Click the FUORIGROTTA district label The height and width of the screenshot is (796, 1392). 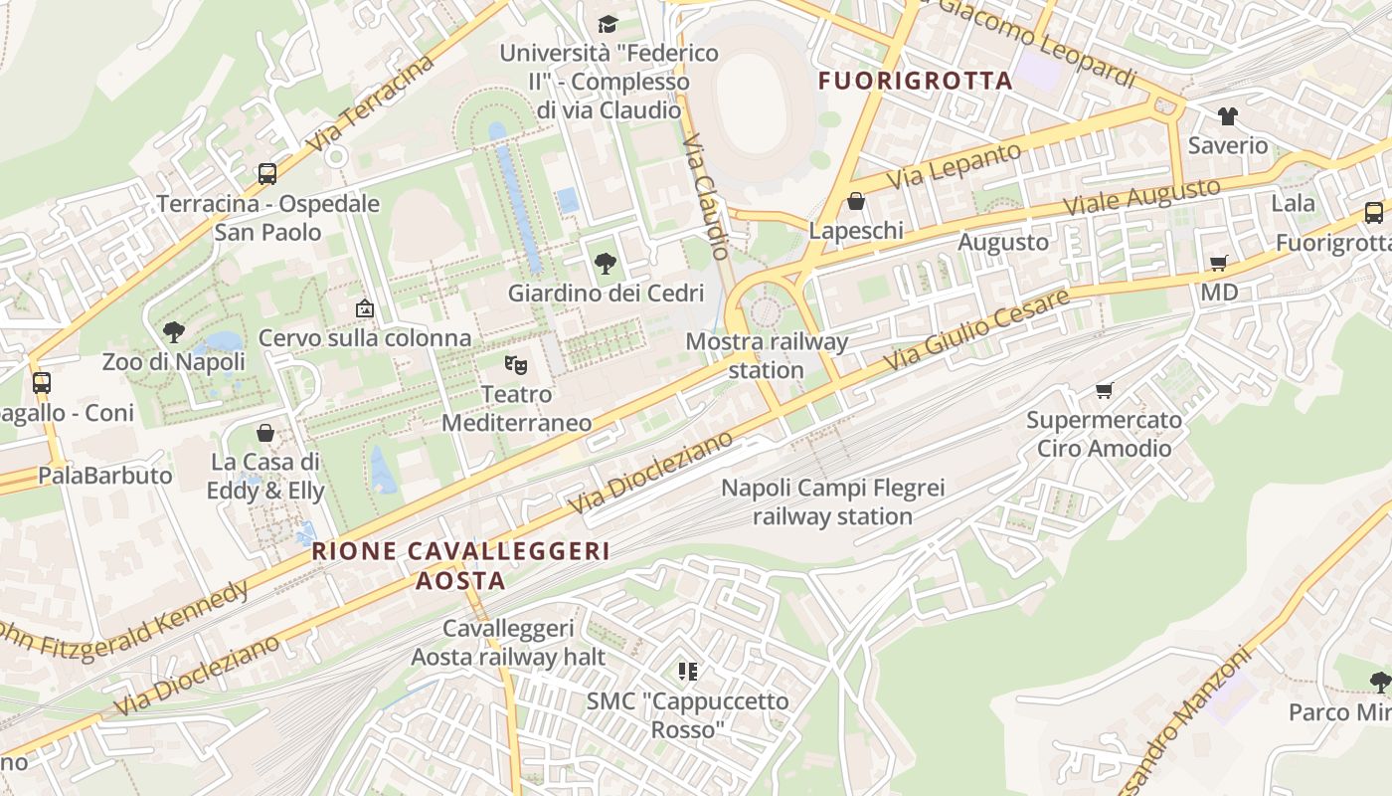pyautogui.click(x=915, y=81)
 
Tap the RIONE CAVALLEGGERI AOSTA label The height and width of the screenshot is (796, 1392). pyautogui.click(x=460, y=565)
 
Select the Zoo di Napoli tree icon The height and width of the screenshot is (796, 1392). pyautogui.click(x=174, y=332)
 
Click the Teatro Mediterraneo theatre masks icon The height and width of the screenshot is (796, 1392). pyautogui.click(x=515, y=364)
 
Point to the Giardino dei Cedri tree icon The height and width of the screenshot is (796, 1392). pyautogui.click(x=605, y=264)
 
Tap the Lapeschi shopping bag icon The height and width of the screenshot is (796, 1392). pyautogui.click(x=855, y=202)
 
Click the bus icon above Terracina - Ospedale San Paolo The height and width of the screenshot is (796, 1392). pyautogui.click(x=267, y=174)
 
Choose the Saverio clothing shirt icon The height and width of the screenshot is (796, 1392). pyautogui.click(x=1228, y=116)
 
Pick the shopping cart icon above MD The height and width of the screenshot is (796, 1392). pyautogui.click(x=1219, y=263)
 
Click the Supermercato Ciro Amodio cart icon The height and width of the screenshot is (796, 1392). pyautogui.click(x=1104, y=390)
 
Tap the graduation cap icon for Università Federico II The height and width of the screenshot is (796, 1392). pyautogui.click(x=608, y=23)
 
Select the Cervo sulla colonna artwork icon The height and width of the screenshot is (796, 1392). pyautogui.click(x=365, y=308)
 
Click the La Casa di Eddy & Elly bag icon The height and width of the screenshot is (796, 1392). pyautogui.click(x=265, y=433)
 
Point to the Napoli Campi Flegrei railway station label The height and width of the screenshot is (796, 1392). pyautogui.click(x=833, y=502)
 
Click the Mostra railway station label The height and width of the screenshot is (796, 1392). pyautogui.click(x=767, y=356)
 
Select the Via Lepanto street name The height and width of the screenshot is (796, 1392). pyautogui.click(x=955, y=166)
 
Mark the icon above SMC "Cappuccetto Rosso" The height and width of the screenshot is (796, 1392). pyautogui.click(x=686, y=672)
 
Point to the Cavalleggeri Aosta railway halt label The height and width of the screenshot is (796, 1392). pyautogui.click(x=509, y=643)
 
